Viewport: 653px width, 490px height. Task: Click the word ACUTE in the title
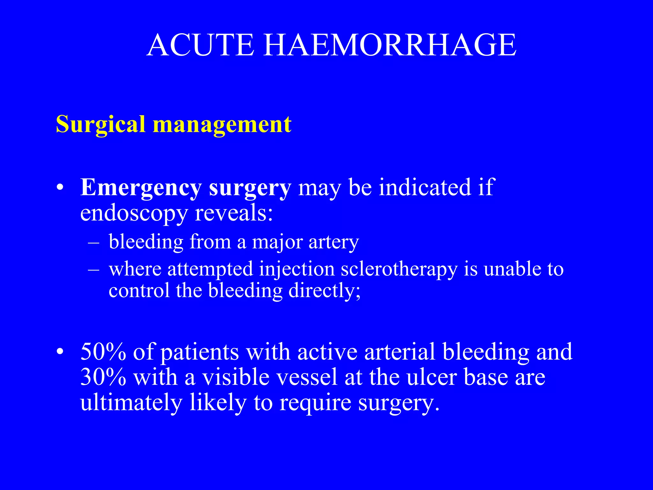(x=200, y=45)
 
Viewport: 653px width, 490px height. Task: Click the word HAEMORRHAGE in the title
(x=389, y=45)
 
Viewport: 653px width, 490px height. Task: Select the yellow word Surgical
(x=101, y=124)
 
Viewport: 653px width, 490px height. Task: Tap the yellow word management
(x=222, y=124)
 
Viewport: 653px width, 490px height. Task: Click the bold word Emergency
(x=141, y=188)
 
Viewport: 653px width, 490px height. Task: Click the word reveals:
(x=234, y=213)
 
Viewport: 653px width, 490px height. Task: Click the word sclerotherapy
(x=399, y=269)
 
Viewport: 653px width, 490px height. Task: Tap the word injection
(x=297, y=269)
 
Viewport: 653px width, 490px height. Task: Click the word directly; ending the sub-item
(x=324, y=291)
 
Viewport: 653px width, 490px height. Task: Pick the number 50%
(x=103, y=352)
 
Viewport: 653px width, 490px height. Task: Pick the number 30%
(x=103, y=377)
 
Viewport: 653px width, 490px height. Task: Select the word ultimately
(x=131, y=403)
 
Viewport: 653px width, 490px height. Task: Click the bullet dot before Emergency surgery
(x=59, y=188)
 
